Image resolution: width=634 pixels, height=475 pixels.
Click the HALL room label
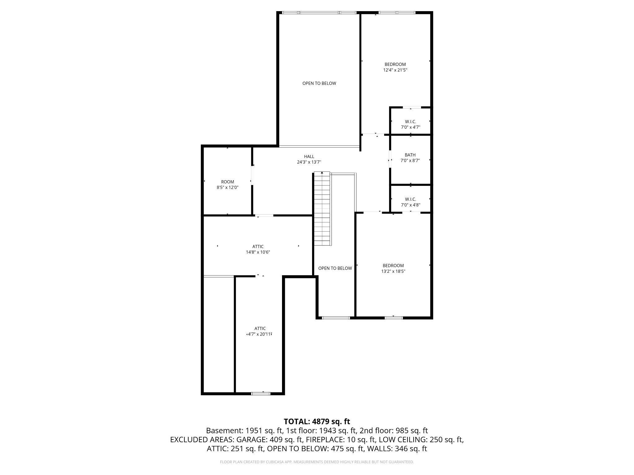pos(309,156)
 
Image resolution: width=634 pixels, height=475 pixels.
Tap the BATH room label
pos(410,155)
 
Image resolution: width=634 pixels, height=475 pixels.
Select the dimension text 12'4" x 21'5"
pos(395,70)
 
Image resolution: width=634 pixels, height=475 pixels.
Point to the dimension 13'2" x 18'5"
pos(393,271)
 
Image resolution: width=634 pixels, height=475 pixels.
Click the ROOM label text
pos(228,182)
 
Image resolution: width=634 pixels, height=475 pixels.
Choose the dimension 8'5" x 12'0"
pos(228,187)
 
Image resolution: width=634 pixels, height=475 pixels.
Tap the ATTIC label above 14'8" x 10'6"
pos(258,246)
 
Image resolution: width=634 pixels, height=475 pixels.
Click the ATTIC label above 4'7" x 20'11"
pos(260,328)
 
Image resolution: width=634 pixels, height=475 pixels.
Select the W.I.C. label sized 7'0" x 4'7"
pos(410,122)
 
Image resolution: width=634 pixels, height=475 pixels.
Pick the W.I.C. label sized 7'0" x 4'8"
pos(410,199)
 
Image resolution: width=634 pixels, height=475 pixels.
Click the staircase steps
pos(322,209)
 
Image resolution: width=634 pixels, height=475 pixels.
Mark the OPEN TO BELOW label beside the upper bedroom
pos(319,83)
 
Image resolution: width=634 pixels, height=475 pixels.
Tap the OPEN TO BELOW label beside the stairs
pos(335,268)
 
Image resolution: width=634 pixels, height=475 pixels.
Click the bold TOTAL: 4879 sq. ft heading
pos(317,421)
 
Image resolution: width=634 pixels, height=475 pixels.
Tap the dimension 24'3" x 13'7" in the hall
pos(309,162)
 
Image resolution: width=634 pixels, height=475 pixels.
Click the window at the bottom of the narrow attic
pos(261,393)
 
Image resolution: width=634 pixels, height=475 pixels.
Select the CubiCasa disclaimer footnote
pos(317,462)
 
